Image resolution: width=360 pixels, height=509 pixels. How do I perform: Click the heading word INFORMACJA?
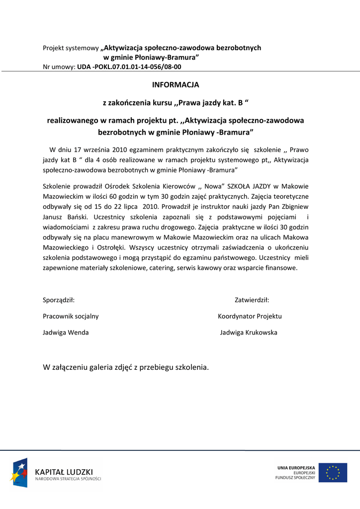coord(176,85)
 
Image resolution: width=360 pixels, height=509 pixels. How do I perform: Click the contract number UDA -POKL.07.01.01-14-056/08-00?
coord(129,67)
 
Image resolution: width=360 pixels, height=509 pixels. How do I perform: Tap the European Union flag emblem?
coord(333,473)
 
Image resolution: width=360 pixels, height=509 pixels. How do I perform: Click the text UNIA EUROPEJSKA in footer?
coord(296,468)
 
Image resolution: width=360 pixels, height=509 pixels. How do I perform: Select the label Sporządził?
coord(59,300)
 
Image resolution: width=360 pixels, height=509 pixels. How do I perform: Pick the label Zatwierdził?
coord(252,300)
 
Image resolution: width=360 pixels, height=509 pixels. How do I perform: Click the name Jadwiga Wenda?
coord(66,333)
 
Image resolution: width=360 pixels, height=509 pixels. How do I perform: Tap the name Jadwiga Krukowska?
coord(249,333)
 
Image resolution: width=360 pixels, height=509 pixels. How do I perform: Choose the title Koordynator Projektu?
coord(250,316)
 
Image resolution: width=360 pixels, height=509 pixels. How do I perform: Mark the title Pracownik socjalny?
coord(71,316)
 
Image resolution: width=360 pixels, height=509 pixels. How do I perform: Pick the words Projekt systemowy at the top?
coord(71,48)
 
